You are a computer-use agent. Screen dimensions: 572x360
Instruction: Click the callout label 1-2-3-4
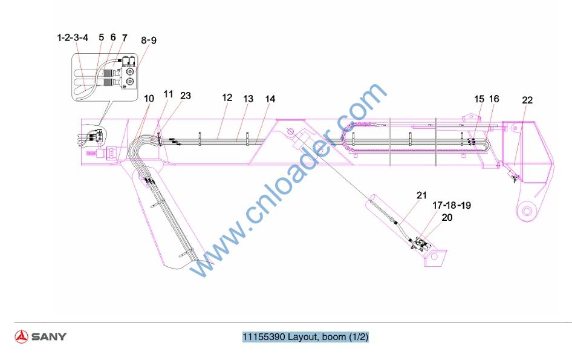[x=73, y=38]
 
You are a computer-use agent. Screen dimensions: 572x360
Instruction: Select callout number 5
[x=101, y=38]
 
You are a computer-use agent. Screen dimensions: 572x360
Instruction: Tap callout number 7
[x=125, y=38]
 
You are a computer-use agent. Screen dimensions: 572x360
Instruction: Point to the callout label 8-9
[x=149, y=40]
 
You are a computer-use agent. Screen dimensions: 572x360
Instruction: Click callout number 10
[x=149, y=98]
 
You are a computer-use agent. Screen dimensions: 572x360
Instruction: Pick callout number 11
[x=168, y=94]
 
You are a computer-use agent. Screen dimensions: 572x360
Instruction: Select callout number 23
[x=185, y=96]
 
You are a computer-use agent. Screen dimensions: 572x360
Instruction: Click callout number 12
[x=227, y=97]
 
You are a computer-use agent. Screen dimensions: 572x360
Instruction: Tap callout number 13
[x=248, y=99]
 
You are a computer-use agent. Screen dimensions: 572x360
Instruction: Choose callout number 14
[x=270, y=99]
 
